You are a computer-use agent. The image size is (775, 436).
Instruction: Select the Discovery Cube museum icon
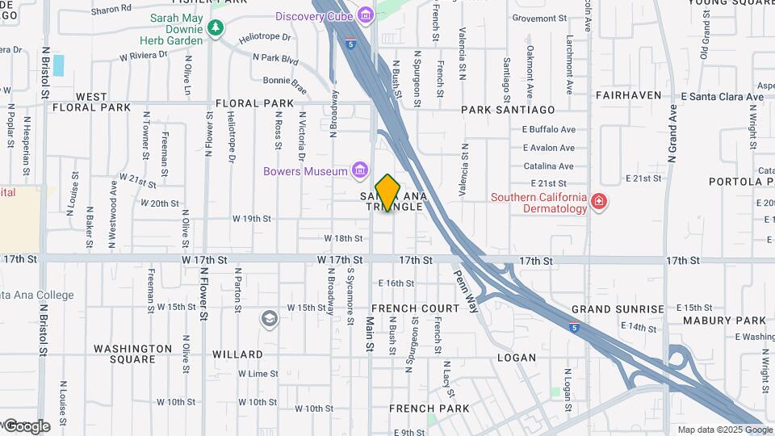point(366,15)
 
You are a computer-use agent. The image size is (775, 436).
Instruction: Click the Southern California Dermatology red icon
point(598,202)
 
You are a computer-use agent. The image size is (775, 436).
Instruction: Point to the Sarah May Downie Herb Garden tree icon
point(215,28)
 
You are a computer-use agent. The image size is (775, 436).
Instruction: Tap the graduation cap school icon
point(268,320)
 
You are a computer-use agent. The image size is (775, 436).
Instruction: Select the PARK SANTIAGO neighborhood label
point(508,109)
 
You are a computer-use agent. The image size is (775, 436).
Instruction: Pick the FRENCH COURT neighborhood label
point(416,308)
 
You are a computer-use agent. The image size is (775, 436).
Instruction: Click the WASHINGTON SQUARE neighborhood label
point(132,354)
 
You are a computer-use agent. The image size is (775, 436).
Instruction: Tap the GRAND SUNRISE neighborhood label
point(618,309)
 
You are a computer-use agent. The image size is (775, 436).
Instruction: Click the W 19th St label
point(251,218)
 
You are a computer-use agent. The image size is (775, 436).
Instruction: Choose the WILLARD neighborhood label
point(237,354)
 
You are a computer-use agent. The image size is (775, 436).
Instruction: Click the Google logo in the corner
point(26,426)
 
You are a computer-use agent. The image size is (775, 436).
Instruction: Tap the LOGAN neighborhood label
point(517,357)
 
